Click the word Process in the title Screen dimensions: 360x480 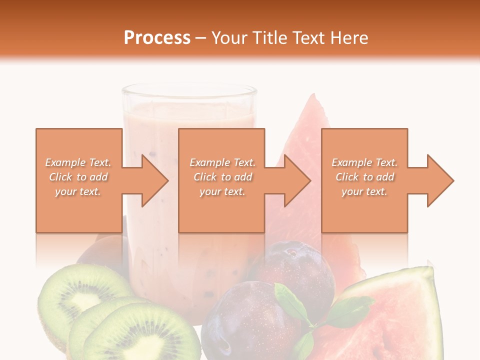157,37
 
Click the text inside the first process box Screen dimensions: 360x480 78,177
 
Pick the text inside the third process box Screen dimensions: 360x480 364,177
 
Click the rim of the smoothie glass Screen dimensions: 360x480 189,90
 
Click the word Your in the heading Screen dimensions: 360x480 229,37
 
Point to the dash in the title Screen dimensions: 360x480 201,38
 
